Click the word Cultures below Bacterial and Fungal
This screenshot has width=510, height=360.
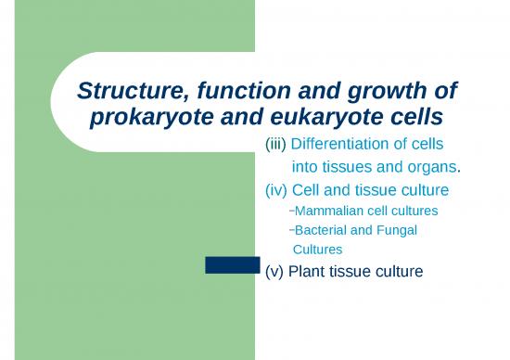point(317,249)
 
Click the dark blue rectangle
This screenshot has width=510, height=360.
point(232,265)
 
